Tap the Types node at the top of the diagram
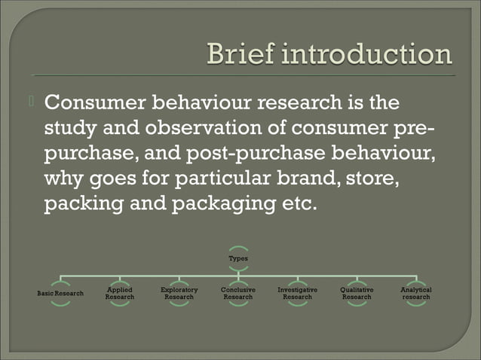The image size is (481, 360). tap(238, 258)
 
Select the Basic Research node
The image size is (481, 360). tap(60, 293)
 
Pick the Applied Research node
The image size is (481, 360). tap(120, 293)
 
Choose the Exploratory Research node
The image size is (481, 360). tap(179, 293)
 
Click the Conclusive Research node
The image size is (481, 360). tap(238, 293)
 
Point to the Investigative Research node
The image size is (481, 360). tap(297, 293)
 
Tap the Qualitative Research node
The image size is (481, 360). tap(357, 293)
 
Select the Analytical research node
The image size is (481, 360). tap(416, 293)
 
